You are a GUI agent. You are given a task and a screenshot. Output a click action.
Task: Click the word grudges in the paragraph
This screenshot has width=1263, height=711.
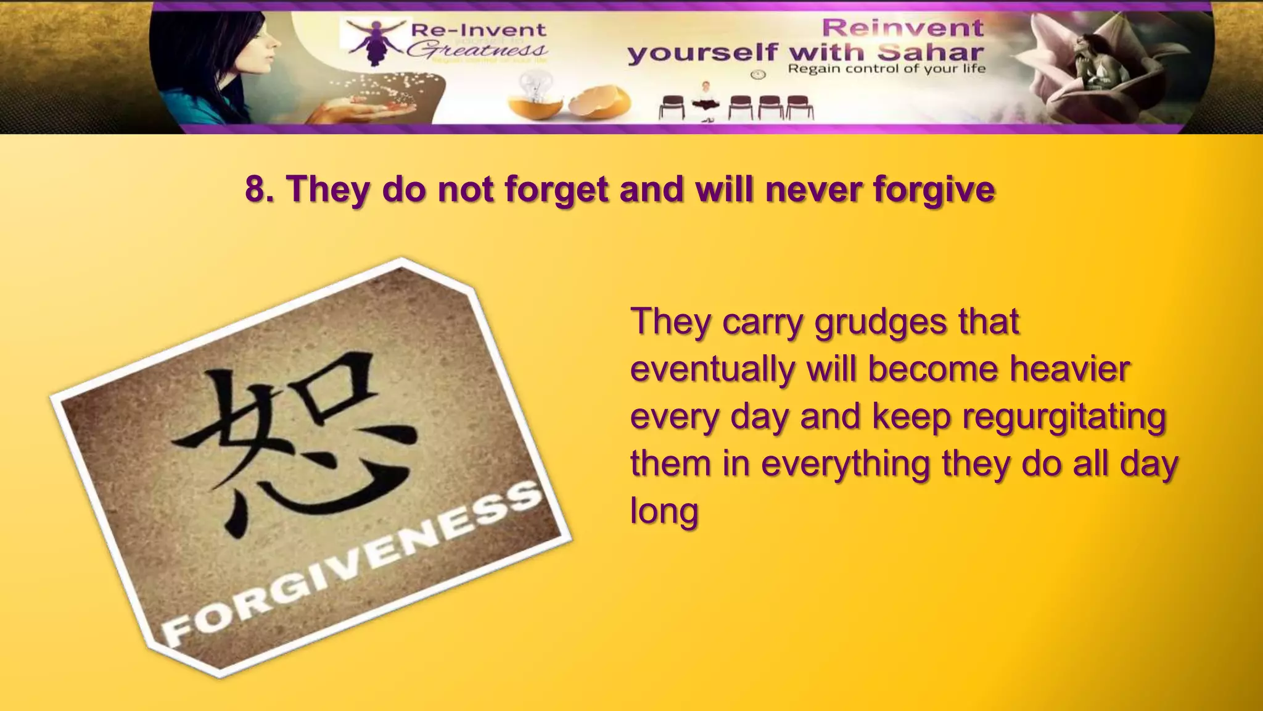[881, 322]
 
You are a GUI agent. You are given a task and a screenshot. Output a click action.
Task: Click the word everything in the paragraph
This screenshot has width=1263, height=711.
[845, 464]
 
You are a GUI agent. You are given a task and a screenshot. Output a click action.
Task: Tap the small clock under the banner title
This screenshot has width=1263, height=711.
[758, 75]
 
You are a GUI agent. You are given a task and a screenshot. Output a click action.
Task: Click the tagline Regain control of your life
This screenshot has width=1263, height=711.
[886, 69]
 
